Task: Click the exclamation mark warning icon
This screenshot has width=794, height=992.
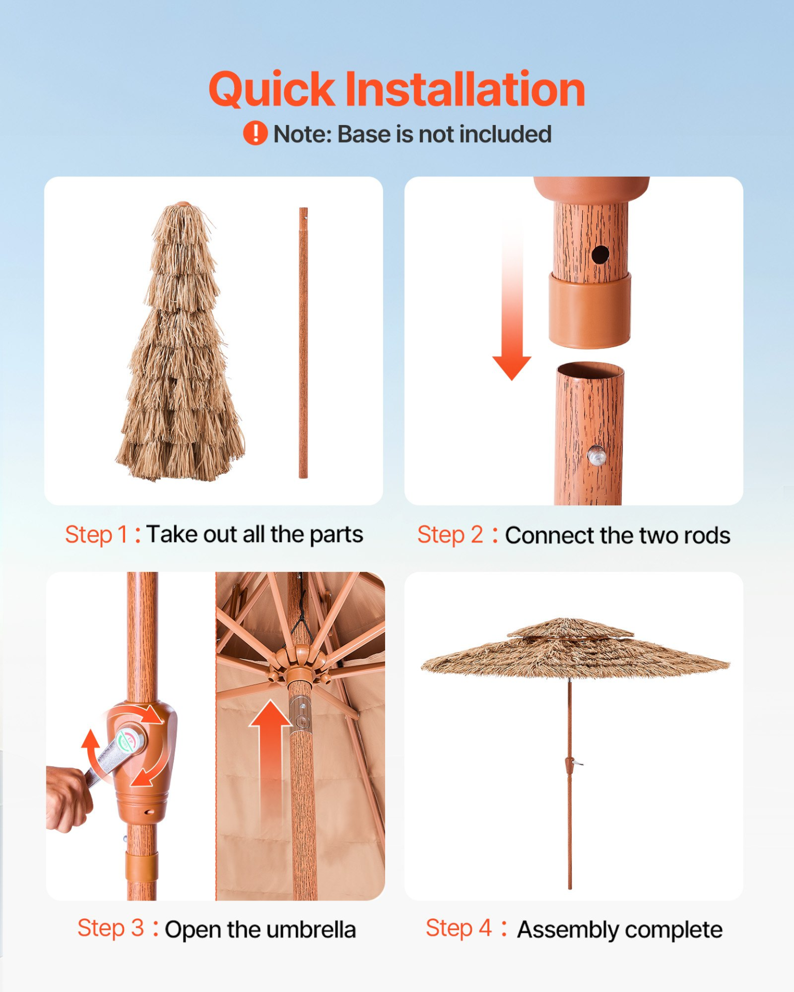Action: click(x=255, y=133)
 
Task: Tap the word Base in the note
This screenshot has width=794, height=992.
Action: click(x=364, y=134)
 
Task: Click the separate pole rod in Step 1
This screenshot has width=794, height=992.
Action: click(x=303, y=343)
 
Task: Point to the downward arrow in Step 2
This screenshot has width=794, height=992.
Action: click(x=512, y=300)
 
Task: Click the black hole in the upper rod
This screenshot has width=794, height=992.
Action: click(x=600, y=255)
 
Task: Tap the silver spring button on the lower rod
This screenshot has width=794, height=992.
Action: click(x=597, y=455)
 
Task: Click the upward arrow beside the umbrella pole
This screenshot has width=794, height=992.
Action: click(x=271, y=760)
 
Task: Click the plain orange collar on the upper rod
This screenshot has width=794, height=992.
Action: click(x=590, y=311)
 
